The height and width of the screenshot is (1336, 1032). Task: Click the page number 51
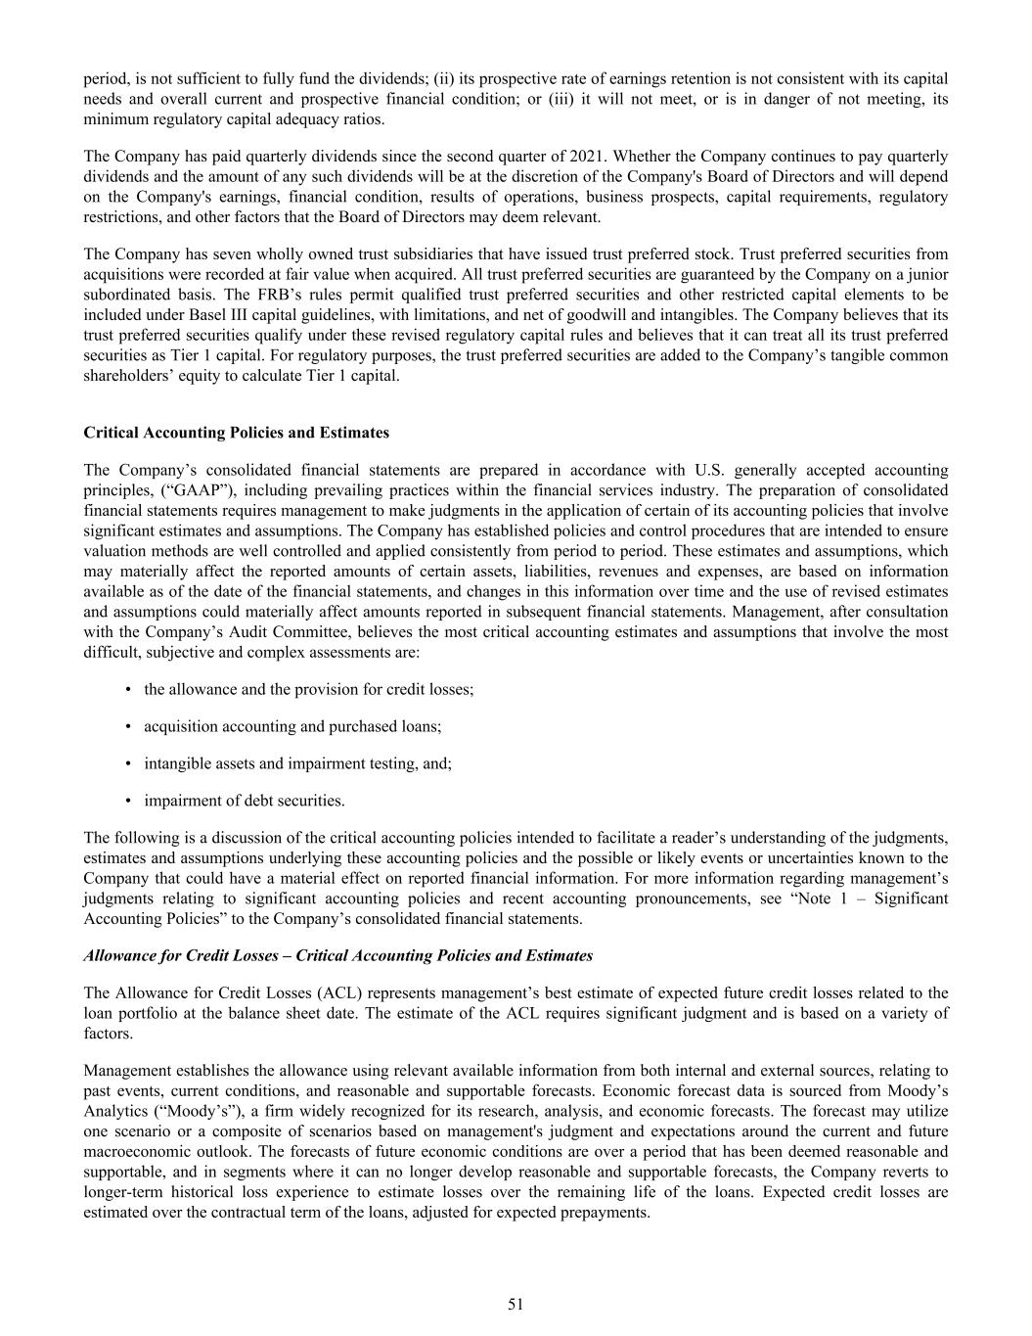click(x=516, y=1304)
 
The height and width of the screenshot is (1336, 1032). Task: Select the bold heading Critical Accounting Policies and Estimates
click(x=236, y=433)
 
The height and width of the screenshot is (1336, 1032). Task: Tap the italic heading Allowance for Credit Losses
click(x=337, y=955)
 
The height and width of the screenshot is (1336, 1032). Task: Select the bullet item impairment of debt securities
click(x=244, y=801)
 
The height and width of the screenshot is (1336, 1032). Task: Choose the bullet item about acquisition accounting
click(x=292, y=726)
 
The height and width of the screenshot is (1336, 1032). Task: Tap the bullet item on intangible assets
click(x=297, y=763)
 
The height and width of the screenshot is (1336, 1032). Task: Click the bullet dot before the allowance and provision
click(x=129, y=690)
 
